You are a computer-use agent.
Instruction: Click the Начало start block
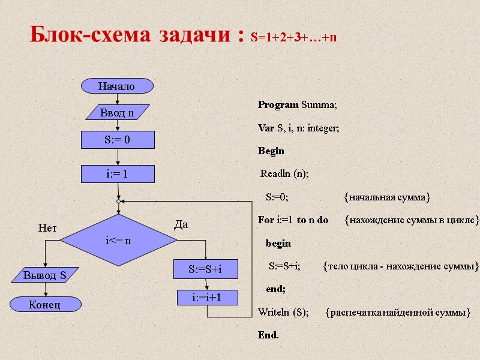pyautogui.click(x=118, y=86)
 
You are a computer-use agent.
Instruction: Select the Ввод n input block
pyautogui.click(x=118, y=113)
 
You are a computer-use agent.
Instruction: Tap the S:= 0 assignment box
pyautogui.click(x=118, y=140)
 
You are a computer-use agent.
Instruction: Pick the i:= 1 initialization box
pyautogui.click(x=118, y=174)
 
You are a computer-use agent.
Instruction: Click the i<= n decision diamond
pyautogui.click(x=119, y=241)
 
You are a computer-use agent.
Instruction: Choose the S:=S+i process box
pyautogui.click(x=206, y=269)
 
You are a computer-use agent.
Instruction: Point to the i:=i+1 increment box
pyautogui.click(x=207, y=297)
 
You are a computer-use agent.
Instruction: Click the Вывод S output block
pyautogui.click(x=44, y=276)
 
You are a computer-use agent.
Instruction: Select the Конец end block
pyautogui.click(x=44, y=304)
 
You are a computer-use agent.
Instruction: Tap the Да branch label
pyautogui.click(x=181, y=225)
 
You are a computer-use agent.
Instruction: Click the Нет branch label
pyautogui.click(x=47, y=228)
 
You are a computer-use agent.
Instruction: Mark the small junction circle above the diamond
pyautogui.click(x=119, y=202)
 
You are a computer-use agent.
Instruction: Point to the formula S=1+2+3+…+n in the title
pyautogui.click(x=294, y=38)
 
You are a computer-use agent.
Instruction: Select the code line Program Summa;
pyautogui.click(x=298, y=105)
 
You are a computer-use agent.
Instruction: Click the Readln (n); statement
pyautogui.click(x=284, y=173)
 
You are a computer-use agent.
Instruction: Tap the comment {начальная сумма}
pyautogui.click(x=387, y=197)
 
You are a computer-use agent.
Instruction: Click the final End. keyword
pyautogui.click(x=268, y=335)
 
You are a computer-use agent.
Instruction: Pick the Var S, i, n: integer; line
pyautogui.click(x=298, y=128)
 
